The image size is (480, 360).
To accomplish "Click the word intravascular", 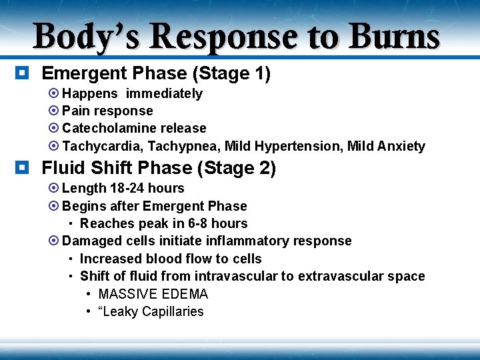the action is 251,276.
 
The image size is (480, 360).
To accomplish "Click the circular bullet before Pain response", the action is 55,111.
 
